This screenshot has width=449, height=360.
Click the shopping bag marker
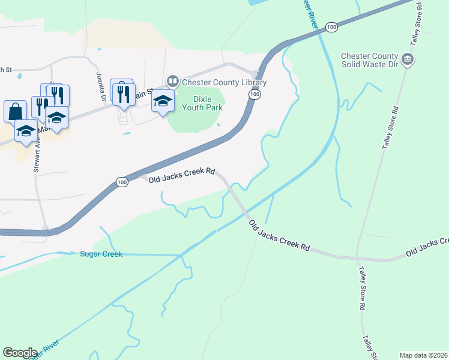click(15, 111)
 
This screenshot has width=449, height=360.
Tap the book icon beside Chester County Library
click(173, 80)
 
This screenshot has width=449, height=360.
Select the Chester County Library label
click(224, 82)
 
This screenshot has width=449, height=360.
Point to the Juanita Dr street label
click(101, 86)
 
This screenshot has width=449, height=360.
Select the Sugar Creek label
click(101, 254)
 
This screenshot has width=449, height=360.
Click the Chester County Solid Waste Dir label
click(369, 60)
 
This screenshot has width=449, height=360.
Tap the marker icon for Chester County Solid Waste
click(408, 59)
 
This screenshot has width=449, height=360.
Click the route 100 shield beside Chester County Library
click(255, 95)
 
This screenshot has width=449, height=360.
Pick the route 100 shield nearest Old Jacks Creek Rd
click(122, 182)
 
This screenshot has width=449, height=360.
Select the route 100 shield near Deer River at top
click(331, 27)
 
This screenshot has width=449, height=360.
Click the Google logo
click(20, 353)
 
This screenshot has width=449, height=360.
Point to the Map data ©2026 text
click(423, 355)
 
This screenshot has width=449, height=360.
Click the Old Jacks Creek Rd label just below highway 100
click(182, 175)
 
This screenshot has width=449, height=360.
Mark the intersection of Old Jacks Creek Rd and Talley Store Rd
click(357, 259)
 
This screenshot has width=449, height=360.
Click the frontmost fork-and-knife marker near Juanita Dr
click(124, 94)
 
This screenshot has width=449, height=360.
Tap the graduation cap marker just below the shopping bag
click(26, 131)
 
